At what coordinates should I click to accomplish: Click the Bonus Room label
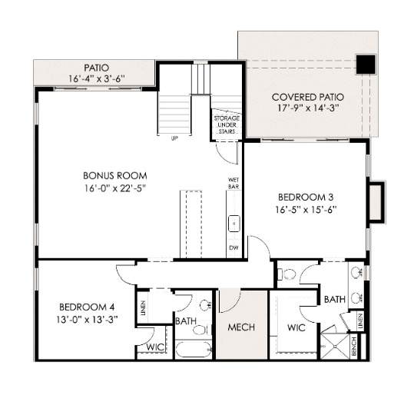(x=115, y=176)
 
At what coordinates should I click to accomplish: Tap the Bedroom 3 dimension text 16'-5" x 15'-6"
(x=306, y=210)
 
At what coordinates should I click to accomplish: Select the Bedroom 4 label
(x=87, y=307)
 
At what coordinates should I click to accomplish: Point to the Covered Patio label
(x=308, y=97)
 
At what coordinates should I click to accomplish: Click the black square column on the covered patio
(x=366, y=65)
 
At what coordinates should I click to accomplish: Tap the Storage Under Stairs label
(x=227, y=124)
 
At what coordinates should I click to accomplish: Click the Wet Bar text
(x=233, y=183)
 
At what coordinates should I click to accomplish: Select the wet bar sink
(x=234, y=224)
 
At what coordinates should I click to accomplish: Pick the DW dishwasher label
(x=233, y=247)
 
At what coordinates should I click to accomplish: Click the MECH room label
(x=241, y=327)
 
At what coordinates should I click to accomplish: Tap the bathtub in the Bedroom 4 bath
(x=194, y=350)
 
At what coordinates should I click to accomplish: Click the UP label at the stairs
(x=174, y=138)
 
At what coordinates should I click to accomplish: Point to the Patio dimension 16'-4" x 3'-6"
(x=97, y=78)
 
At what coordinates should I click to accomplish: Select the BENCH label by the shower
(x=354, y=346)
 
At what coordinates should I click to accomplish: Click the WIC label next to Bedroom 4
(x=155, y=347)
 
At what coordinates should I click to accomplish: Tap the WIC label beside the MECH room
(x=296, y=328)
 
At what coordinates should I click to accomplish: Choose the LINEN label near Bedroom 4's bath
(x=144, y=308)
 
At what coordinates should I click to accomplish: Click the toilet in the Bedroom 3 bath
(x=286, y=274)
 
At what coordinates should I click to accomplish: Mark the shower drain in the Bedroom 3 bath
(x=335, y=346)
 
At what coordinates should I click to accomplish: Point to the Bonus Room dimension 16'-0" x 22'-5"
(x=115, y=188)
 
